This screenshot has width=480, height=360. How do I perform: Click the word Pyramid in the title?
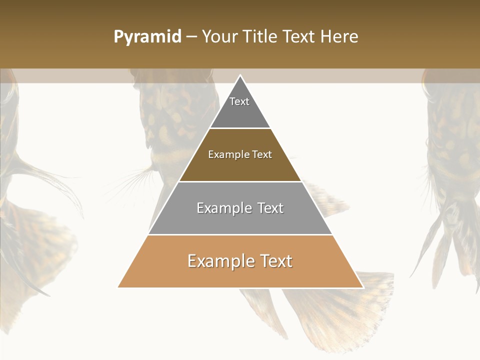[147, 37]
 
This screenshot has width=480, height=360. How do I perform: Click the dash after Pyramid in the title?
[191, 37]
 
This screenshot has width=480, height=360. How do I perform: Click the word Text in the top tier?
[239, 101]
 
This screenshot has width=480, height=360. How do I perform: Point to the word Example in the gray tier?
[223, 208]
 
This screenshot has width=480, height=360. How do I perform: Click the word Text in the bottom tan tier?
[272, 261]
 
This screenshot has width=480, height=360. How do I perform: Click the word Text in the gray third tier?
[267, 208]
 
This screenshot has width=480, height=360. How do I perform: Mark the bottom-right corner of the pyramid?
[362, 287]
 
